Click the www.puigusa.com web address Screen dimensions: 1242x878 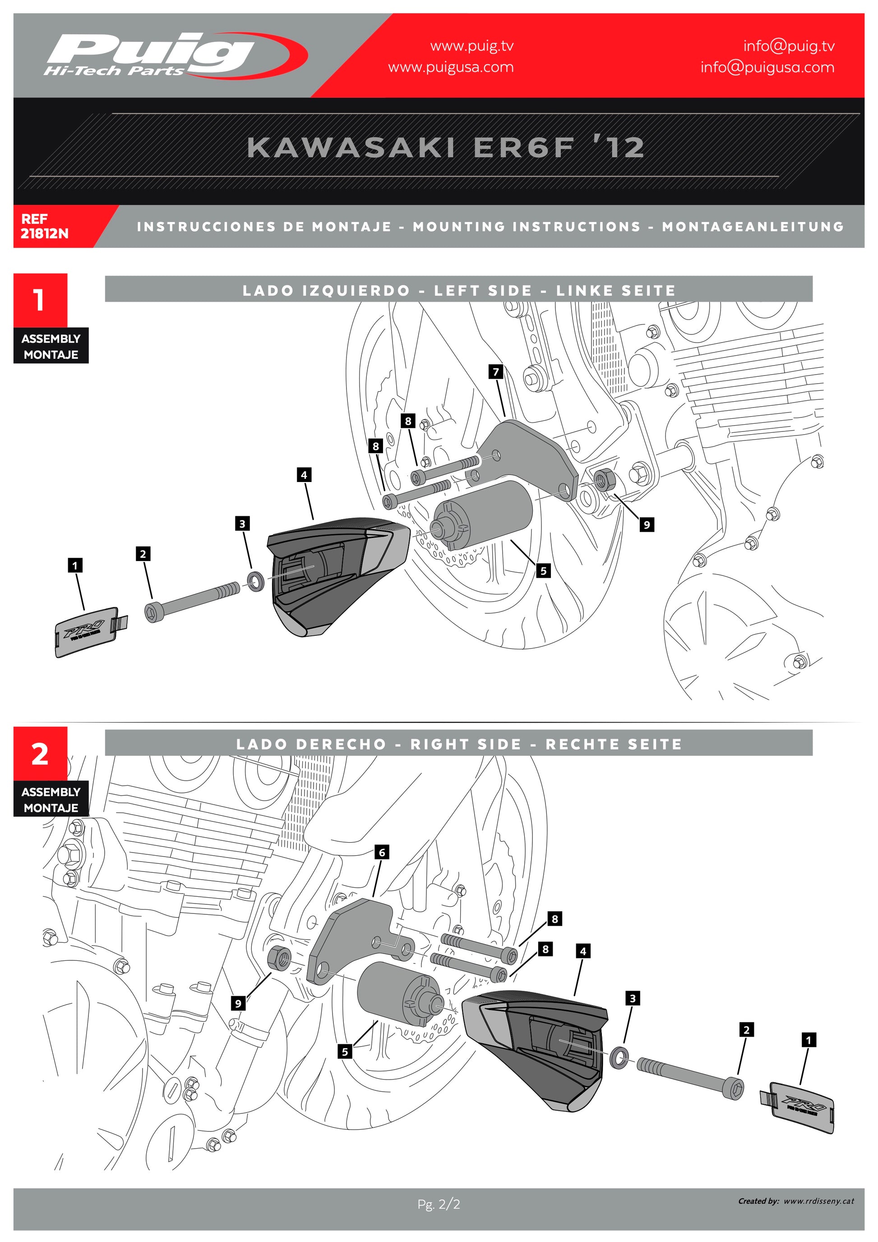click(x=450, y=68)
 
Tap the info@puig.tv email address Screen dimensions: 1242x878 click(x=788, y=46)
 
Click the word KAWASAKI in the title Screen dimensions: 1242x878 click(x=350, y=148)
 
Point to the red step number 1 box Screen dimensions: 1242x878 click(x=40, y=300)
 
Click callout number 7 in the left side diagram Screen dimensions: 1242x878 click(x=496, y=371)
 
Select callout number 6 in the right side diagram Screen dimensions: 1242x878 click(x=382, y=853)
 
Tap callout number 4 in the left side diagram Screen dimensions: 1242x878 click(x=304, y=475)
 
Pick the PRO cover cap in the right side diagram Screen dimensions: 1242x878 click(x=801, y=1107)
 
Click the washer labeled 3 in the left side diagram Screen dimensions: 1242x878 click(x=256, y=581)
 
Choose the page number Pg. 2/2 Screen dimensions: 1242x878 click(x=439, y=1204)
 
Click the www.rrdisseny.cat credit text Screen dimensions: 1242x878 click(x=818, y=1201)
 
